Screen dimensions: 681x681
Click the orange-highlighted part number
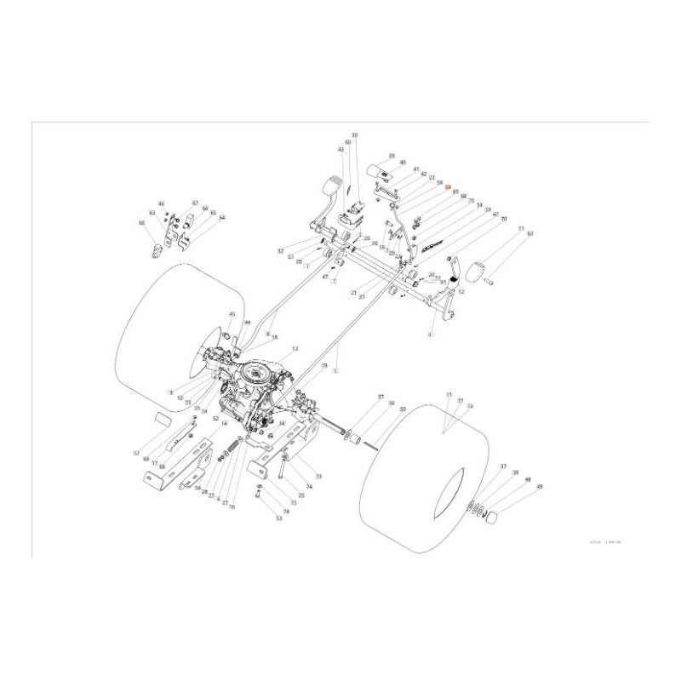click(x=449, y=186)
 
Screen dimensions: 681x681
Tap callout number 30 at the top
click(x=354, y=135)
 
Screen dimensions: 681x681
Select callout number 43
click(x=340, y=149)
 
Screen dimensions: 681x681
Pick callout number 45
click(x=231, y=314)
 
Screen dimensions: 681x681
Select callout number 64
click(x=222, y=218)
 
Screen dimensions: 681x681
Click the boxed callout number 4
click(x=431, y=335)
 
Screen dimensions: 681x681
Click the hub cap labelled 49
click(x=491, y=519)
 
